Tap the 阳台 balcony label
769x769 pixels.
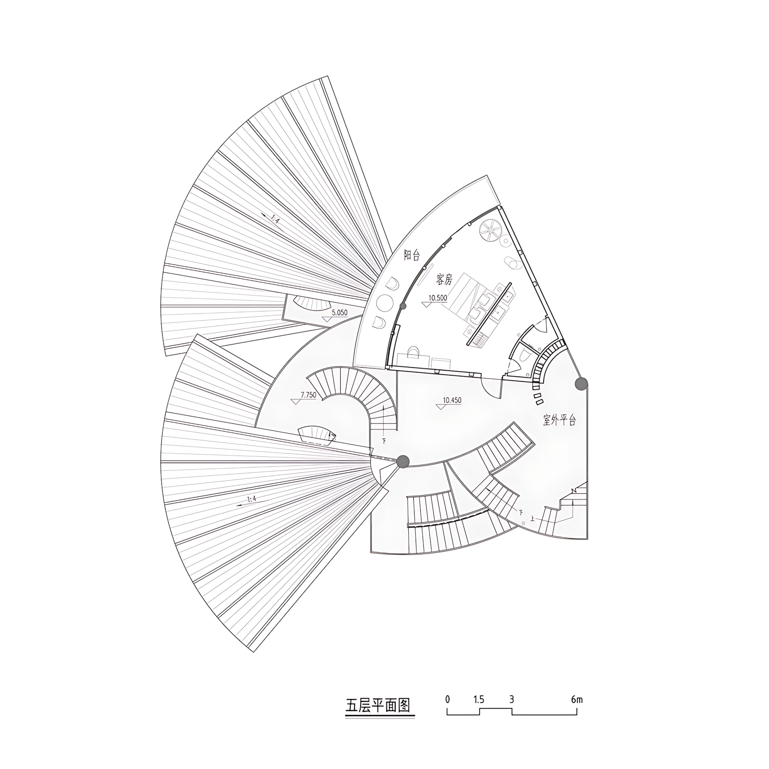tap(411, 255)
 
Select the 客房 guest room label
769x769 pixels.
tap(444, 280)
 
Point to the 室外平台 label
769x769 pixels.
tap(559, 420)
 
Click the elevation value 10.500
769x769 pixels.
tap(438, 297)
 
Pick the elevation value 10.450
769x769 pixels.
tap(452, 400)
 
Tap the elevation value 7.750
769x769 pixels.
tap(308, 395)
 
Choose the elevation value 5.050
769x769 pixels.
tap(340, 313)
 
